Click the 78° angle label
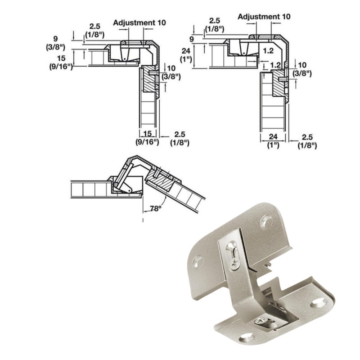[155, 209]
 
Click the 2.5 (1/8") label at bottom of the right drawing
[307, 141]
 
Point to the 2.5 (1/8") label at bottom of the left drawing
[179, 138]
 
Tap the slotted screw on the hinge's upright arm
[233, 254]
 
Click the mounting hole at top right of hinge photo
[265, 221]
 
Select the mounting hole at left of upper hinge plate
[197, 260]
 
